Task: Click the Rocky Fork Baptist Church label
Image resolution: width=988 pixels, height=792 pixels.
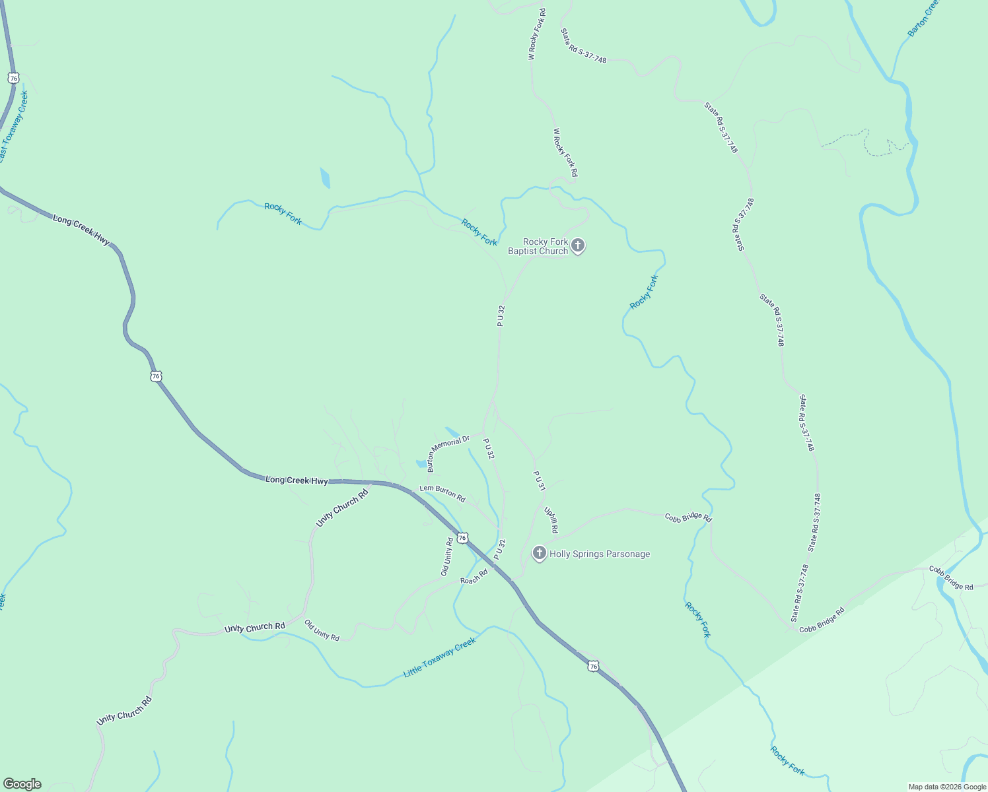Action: coord(538,246)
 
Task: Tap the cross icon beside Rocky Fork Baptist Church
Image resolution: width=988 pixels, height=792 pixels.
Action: coord(578,246)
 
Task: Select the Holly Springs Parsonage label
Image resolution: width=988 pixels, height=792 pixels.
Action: coord(600,554)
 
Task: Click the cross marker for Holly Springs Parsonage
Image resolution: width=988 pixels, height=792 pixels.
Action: coord(539,554)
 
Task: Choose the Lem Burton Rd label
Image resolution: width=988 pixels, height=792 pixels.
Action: coord(442,494)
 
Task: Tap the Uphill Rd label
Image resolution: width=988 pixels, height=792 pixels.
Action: coord(551,520)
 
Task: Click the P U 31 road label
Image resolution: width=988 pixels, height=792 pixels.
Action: coord(540,480)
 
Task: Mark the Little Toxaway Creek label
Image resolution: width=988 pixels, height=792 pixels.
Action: coord(439,657)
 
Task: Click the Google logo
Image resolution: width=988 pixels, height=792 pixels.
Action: coord(22,784)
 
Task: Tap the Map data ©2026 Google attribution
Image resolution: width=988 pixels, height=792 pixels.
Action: coord(946,787)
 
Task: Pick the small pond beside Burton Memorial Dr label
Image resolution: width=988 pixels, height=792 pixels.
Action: coord(421,464)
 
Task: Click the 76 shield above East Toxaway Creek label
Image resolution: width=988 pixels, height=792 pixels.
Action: coord(13,78)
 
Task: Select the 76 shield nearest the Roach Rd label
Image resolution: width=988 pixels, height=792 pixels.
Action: coord(462,538)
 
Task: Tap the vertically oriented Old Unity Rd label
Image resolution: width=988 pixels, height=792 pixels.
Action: coord(448,556)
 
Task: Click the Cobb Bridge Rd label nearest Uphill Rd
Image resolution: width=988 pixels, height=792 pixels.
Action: coord(688,517)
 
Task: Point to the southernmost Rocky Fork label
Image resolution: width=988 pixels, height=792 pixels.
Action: coord(787,761)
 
